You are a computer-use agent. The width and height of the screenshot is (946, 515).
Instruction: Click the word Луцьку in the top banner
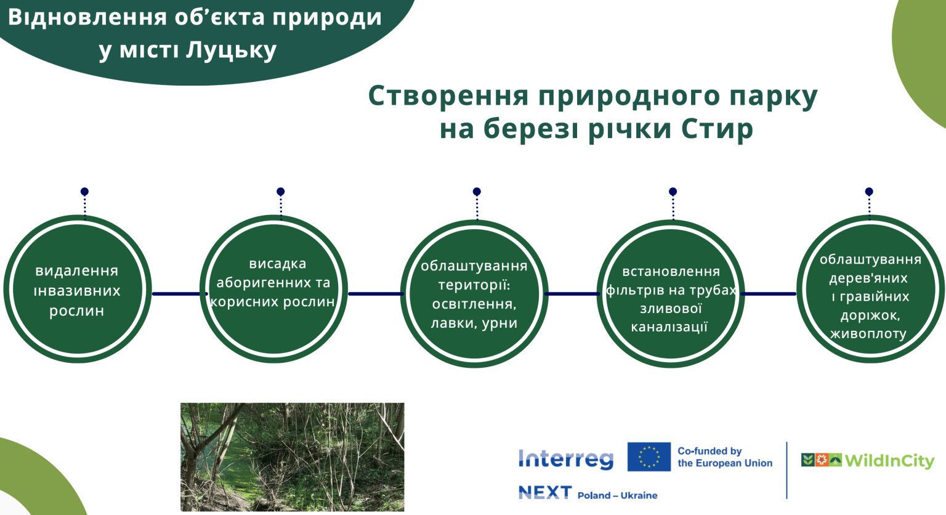[x=231, y=51]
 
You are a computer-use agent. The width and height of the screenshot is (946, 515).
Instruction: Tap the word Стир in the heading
[x=717, y=128]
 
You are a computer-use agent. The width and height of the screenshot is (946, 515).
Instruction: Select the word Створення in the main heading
[x=448, y=96]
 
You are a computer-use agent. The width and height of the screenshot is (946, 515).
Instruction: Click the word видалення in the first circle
[x=76, y=270]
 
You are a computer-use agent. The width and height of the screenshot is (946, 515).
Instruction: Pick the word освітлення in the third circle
[x=474, y=304]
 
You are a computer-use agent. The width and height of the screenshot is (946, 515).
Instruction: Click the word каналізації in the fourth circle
[x=669, y=327]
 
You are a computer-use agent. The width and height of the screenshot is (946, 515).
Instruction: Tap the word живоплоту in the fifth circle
[x=869, y=334]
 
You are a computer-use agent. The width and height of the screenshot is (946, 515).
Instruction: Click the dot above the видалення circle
[x=84, y=192]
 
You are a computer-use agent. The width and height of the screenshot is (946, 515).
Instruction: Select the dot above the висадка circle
[x=280, y=192]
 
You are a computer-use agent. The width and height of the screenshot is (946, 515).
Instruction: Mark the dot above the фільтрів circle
[x=673, y=192]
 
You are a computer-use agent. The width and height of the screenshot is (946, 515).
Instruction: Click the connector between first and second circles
[x=179, y=294]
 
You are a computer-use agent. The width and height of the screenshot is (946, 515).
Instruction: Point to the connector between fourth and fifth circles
[x=768, y=294]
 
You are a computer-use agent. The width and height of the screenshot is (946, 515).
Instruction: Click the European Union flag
[x=649, y=456]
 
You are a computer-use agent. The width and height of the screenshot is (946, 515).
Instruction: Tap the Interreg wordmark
[x=566, y=459]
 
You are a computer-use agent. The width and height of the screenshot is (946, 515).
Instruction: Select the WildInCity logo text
[x=889, y=461]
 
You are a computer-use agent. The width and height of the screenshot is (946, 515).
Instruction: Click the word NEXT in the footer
[x=545, y=493]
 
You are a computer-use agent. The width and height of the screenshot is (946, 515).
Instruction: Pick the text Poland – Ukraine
[x=618, y=495]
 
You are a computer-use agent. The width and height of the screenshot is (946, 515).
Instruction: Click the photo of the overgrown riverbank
[x=293, y=457]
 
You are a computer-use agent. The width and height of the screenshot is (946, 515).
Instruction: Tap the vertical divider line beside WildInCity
[x=786, y=470]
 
